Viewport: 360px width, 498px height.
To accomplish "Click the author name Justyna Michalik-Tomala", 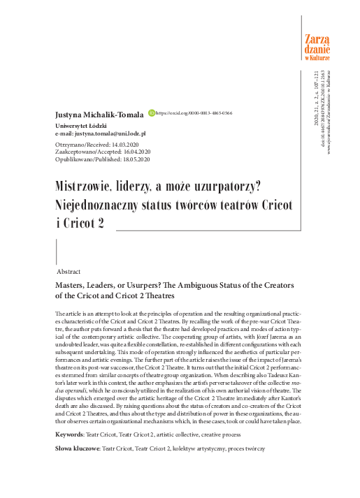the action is click(x=99, y=113).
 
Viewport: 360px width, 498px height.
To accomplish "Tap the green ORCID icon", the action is click(x=151, y=112).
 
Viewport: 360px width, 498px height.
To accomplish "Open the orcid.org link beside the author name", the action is click(x=194, y=112).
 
